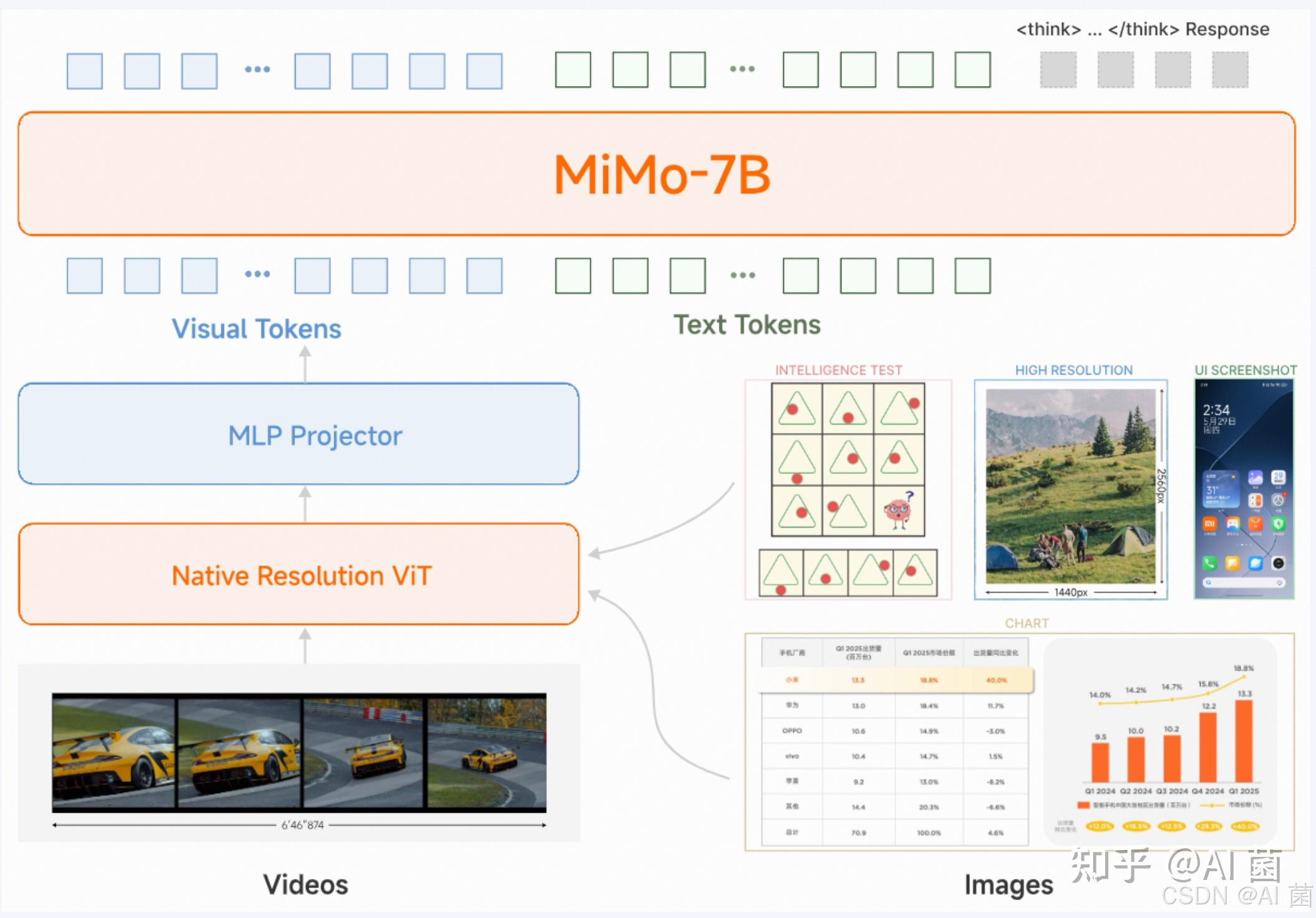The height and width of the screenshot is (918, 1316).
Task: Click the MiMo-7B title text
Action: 662,175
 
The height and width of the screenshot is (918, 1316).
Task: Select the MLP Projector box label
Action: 315,436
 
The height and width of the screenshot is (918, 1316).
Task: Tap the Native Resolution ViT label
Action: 301,576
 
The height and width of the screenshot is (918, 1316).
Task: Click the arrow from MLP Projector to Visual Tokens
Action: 305,365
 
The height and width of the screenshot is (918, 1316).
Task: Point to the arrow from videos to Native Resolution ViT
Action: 305,645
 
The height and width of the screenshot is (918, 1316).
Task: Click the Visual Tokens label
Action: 256,329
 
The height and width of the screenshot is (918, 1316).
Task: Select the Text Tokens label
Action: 747,325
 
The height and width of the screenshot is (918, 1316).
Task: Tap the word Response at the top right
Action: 1227,29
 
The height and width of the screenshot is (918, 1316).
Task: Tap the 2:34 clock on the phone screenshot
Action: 1216,410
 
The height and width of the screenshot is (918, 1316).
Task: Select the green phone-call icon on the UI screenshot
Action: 1209,564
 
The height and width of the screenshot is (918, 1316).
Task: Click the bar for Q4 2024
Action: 1207,747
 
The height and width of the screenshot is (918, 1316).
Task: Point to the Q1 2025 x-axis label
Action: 1244,791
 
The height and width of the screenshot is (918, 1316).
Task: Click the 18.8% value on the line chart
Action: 1243,668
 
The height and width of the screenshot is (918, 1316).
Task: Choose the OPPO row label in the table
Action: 792,731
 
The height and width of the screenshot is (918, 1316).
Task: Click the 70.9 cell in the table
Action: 858,833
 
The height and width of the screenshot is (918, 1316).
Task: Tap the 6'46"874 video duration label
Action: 302,825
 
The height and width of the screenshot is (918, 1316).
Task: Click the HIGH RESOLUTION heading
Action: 1073,370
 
